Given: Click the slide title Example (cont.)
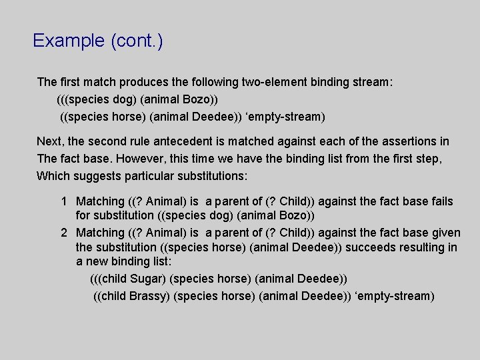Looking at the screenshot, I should (x=98, y=41).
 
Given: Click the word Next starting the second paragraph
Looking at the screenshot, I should (x=49, y=141).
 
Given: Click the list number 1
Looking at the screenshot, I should (x=63, y=201).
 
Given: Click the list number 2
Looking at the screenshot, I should (x=63, y=233).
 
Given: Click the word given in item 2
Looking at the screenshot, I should (x=445, y=233).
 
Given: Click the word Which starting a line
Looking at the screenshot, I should (x=52, y=176).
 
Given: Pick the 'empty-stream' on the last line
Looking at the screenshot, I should (x=398, y=295).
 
